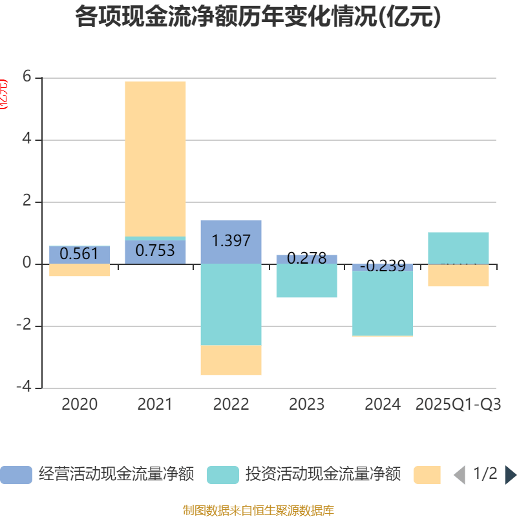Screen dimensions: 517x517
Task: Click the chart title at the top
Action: [x=258, y=17]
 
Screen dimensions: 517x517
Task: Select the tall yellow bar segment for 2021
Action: [x=155, y=158]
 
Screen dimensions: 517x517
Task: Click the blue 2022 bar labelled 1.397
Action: [x=231, y=241]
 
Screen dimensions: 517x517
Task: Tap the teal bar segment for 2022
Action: [x=231, y=304]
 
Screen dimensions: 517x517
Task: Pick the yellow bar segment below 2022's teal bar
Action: [x=231, y=360]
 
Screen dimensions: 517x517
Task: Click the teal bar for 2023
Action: [x=306, y=281]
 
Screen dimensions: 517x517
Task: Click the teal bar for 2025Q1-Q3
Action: [x=458, y=248]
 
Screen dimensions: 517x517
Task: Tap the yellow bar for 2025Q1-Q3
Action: [x=458, y=276]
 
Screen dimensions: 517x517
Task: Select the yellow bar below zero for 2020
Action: [x=79, y=270]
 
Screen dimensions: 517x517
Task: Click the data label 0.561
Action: [x=79, y=254]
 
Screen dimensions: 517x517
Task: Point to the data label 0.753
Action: [x=155, y=251]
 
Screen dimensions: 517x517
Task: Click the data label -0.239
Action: [x=383, y=266]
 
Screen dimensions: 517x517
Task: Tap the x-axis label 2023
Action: [x=306, y=405]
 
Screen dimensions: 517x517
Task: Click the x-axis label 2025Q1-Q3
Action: [x=458, y=405]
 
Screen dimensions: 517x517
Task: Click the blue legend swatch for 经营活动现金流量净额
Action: [x=16, y=475]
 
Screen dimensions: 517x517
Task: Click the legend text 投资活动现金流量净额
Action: [x=323, y=475]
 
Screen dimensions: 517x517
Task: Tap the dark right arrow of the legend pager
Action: [x=511, y=475]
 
